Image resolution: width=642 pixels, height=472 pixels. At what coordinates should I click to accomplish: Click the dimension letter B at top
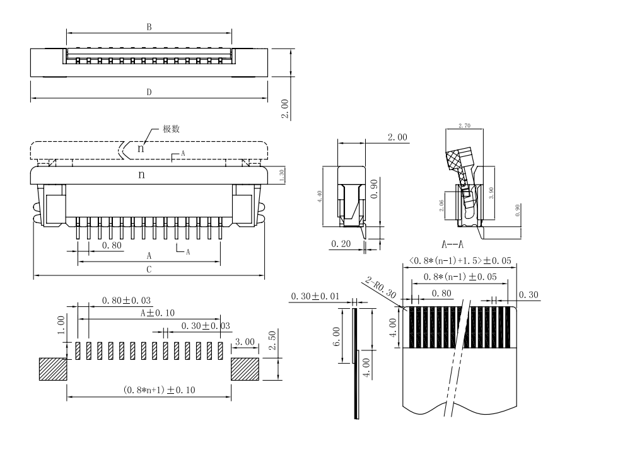(x=149, y=27)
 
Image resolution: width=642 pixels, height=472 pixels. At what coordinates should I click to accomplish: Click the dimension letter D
(x=149, y=92)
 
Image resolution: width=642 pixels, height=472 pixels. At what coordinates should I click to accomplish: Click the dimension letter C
(x=149, y=270)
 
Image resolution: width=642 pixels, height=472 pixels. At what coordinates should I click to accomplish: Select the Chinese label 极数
(x=172, y=129)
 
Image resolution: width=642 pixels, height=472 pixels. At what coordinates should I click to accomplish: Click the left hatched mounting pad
(x=53, y=369)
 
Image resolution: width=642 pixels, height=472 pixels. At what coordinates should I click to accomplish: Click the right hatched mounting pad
(x=245, y=369)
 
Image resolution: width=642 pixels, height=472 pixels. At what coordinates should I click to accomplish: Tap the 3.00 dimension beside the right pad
(x=245, y=342)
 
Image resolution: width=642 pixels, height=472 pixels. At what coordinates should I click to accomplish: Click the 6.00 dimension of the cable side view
(x=337, y=336)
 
